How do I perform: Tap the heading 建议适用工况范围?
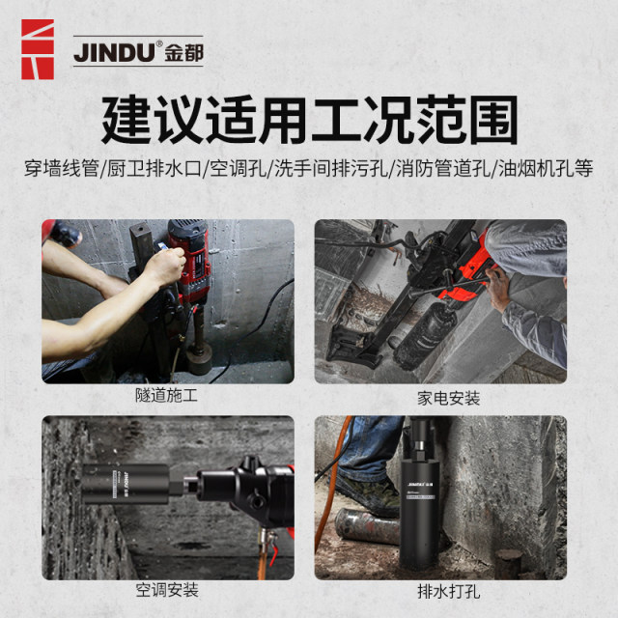coord(309,120)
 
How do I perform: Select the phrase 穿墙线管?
coord(62,168)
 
